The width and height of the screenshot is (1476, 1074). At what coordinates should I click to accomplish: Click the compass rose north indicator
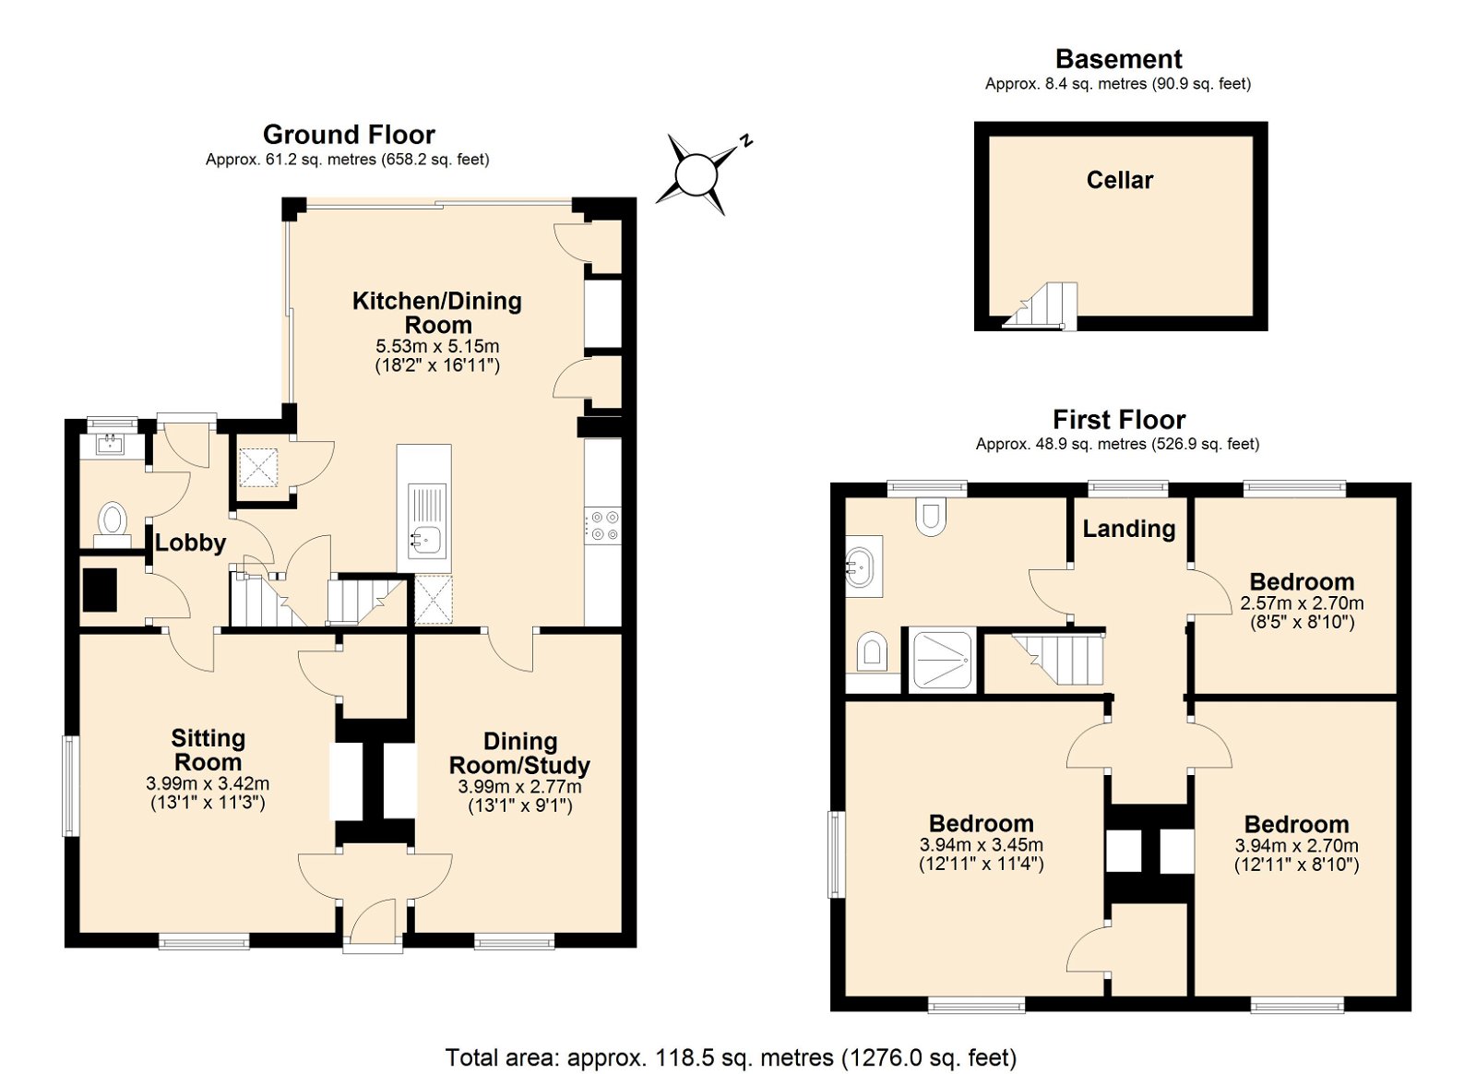pyautogui.click(x=746, y=140)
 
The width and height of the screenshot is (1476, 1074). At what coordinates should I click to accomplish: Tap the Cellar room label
pyautogui.click(x=1120, y=180)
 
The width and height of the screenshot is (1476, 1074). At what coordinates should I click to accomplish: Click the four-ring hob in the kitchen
pyautogui.click(x=603, y=525)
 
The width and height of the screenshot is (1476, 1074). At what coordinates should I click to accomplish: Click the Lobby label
pyautogui.click(x=190, y=543)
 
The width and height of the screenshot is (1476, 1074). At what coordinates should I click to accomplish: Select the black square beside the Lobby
pyautogui.click(x=101, y=590)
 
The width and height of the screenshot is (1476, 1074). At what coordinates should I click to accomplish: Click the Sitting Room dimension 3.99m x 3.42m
pyautogui.click(x=208, y=784)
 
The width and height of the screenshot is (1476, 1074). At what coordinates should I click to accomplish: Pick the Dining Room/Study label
pyautogui.click(x=519, y=753)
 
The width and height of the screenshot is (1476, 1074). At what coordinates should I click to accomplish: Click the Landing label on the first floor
pyautogui.click(x=1129, y=529)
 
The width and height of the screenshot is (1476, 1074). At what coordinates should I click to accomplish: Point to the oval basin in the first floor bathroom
pyautogui.click(x=863, y=567)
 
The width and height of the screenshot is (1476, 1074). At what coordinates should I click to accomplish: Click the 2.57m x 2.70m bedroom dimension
pyautogui.click(x=1302, y=603)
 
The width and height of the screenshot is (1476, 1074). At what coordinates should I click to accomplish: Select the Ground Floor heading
pyautogui.click(x=349, y=135)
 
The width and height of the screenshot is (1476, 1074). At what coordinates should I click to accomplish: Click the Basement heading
pyautogui.click(x=1119, y=59)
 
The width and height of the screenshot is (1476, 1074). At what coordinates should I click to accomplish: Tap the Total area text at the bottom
pyautogui.click(x=731, y=1057)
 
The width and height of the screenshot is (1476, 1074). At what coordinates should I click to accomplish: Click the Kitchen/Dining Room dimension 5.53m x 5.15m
pyautogui.click(x=437, y=346)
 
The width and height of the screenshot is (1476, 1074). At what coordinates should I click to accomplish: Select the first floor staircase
pyautogui.click(x=1058, y=660)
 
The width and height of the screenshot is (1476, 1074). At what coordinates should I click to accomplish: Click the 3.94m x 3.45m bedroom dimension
pyautogui.click(x=982, y=844)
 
